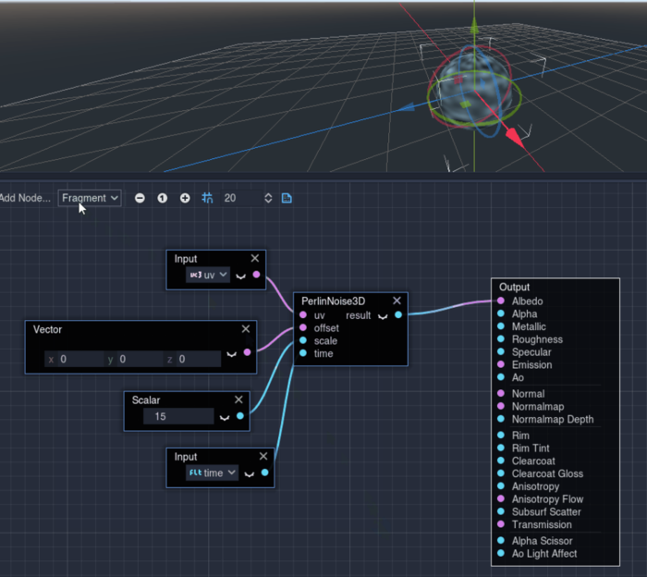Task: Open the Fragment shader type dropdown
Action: click(90, 198)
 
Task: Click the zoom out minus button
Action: click(140, 198)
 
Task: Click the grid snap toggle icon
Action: click(207, 198)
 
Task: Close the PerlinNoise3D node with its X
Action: click(397, 301)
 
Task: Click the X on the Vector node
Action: click(246, 328)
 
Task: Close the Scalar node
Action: click(238, 399)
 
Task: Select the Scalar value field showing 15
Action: click(178, 416)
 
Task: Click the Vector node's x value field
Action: click(74, 359)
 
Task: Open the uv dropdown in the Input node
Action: click(208, 275)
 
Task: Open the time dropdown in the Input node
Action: click(212, 473)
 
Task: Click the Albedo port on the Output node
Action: click(501, 301)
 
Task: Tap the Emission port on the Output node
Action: click(501, 364)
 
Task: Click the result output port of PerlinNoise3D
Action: click(398, 315)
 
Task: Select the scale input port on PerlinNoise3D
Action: click(303, 340)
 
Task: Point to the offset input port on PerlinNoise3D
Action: click(303, 327)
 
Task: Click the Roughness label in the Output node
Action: click(537, 339)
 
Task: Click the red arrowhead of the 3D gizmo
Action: click(515, 138)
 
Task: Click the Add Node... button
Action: click(25, 198)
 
